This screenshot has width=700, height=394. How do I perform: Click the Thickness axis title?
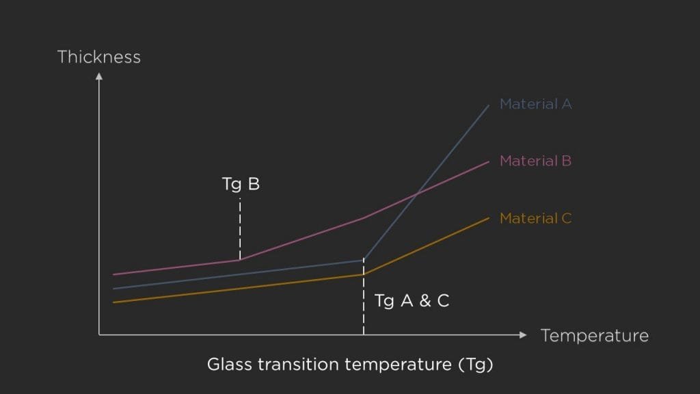(99, 57)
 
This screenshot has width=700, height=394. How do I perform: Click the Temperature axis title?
(594, 336)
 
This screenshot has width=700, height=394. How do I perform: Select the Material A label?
(535, 105)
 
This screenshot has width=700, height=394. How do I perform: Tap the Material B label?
(535, 161)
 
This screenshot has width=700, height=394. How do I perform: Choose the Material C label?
(535, 219)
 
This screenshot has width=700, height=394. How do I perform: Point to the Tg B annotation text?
(241, 185)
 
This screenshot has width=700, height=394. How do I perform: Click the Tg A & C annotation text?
(412, 300)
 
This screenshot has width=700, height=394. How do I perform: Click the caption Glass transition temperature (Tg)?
(350, 365)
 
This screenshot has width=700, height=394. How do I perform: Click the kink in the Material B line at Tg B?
(240, 259)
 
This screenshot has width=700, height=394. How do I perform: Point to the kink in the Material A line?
(363, 260)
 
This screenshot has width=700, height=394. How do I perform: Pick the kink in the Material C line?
(363, 274)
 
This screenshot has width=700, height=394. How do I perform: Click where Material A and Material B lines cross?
(416, 196)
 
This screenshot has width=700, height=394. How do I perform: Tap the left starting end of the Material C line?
(113, 302)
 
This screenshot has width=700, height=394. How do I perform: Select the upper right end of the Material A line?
(489, 105)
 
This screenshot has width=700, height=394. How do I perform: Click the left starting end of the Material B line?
(113, 274)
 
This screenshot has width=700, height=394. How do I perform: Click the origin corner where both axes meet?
(99, 334)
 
